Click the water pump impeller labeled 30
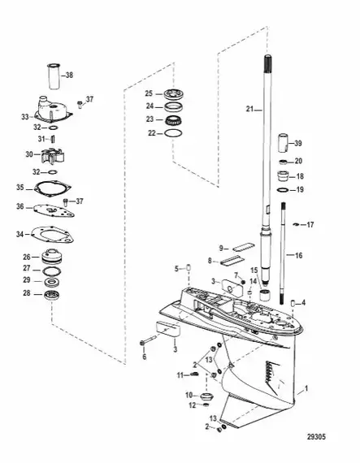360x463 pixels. tap(53, 154)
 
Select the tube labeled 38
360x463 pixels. tap(54, 76)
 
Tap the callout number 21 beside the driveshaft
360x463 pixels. tap(249, 109)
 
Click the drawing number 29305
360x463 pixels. tap(316, 436)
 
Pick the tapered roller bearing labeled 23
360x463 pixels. tap(173, 120)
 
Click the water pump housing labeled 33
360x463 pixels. tap(54, 111)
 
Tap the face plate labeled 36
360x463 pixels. tap(54, 210)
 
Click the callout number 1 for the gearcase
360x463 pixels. tap(306, 388)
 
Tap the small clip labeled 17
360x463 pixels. tap(295, 225)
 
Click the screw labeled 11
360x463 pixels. tap(193, 374)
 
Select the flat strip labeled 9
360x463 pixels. tap(244, 246)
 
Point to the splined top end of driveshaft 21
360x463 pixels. tap(267, 62)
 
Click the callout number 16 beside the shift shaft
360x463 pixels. tap(299, 255)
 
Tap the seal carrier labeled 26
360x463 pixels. tap(52, 257)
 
